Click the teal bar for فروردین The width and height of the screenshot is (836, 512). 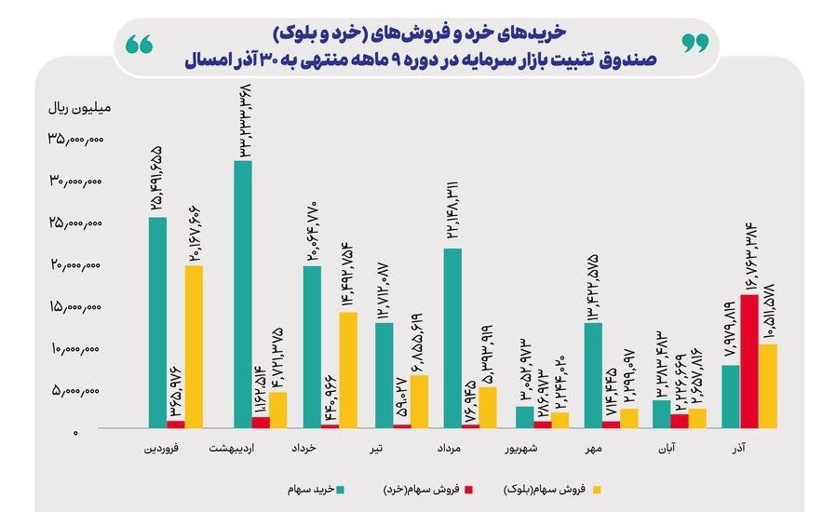158,322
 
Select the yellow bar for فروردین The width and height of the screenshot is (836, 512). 193,346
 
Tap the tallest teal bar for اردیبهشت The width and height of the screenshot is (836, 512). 243,294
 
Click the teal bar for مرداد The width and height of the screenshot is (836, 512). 453,338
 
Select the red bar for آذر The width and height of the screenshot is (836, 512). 749,361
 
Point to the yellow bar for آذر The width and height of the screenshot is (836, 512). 768,385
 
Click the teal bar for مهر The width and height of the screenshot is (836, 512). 593,375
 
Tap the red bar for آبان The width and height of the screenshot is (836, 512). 680,421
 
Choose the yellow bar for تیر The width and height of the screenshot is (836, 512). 419,401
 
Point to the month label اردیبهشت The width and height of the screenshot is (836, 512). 246,449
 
